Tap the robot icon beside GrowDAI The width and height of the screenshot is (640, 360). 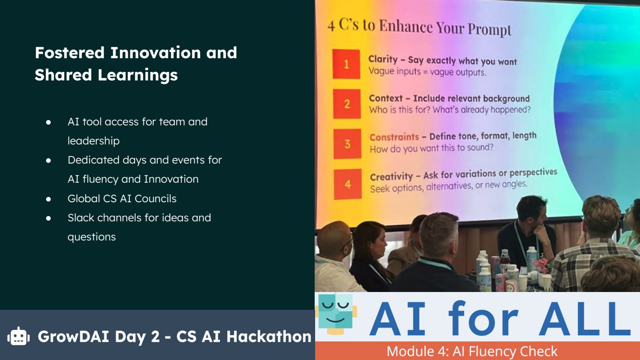18,336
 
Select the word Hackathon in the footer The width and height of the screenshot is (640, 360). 269,336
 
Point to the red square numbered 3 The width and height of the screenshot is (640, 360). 347,144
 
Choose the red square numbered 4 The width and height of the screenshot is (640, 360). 348,184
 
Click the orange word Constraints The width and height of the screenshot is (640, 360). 394,137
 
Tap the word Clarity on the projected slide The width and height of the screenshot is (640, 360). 383,60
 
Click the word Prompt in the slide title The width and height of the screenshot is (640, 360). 491,30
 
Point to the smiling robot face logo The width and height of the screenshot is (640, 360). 336,312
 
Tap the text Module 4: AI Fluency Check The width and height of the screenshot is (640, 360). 472,351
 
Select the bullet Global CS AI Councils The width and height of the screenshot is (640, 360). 122,199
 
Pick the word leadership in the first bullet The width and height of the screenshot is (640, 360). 93,141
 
